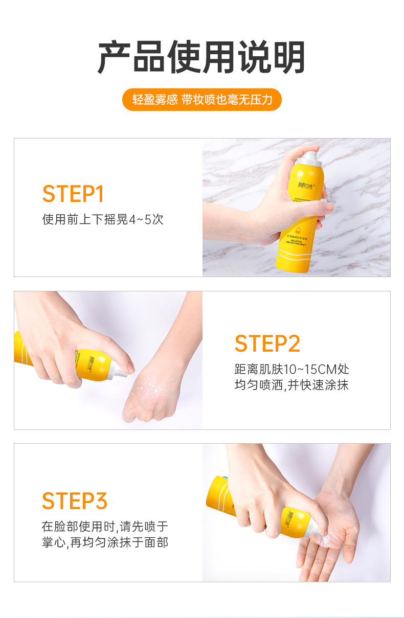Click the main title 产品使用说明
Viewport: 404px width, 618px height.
pos(201,57)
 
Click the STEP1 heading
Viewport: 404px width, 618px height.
pos(73,194)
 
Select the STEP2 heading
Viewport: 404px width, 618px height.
pos(267,344)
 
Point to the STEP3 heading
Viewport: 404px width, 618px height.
pos(75,501)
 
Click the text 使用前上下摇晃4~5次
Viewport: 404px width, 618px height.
pos(103,220)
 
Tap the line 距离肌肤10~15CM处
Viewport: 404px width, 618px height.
pos(292,369)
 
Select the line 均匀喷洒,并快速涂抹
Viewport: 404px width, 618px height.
pos(291,385)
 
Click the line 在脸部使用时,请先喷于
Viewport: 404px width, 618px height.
pos(105,527)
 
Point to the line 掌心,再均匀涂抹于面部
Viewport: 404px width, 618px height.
pos(105,542)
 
